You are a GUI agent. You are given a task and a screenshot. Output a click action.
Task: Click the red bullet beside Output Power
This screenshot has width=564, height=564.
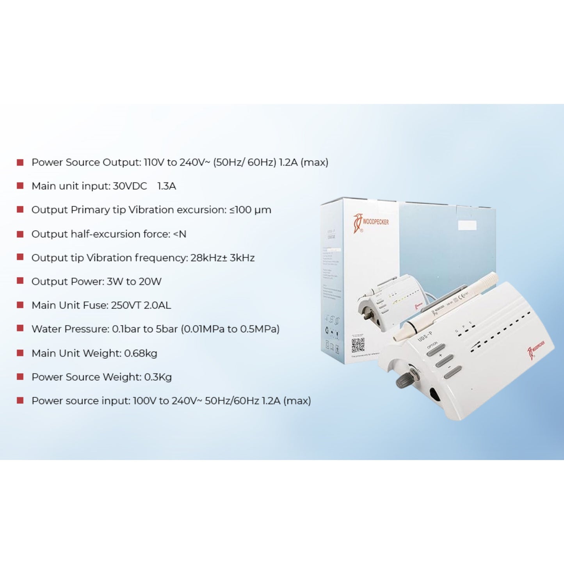(20, 281)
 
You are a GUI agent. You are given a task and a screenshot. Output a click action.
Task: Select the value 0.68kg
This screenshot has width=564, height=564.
(141, 353)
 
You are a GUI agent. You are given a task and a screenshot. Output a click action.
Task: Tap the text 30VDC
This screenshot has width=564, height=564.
(130, 186)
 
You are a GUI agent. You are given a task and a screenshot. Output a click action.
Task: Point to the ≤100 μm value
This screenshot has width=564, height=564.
(250, 210)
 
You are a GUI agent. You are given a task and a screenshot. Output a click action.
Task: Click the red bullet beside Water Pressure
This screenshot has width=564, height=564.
(20, 329)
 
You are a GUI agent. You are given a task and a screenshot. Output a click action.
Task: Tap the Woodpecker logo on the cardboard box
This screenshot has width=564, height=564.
(371, 223)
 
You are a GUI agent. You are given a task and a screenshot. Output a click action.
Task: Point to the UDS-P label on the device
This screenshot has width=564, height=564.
(425, 336)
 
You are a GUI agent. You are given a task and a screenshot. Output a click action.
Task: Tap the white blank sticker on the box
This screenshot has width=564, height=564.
(467, 226)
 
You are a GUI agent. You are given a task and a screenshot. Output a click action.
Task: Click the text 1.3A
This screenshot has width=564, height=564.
(167, 186)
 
